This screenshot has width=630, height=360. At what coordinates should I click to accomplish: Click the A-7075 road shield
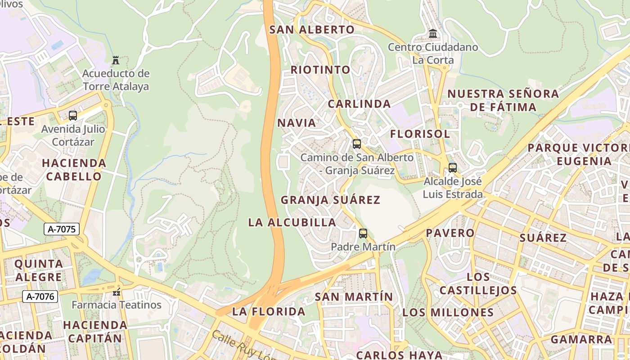pyautogui.click(x=62, y=229)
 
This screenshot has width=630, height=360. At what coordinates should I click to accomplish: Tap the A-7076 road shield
pyautogui.click(x=40, y=297)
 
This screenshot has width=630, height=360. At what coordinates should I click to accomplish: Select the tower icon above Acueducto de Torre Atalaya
pyautogui.click(x=116, y=60)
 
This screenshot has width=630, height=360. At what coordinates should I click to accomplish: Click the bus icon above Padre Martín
pyautogui.click(x=363, y=234)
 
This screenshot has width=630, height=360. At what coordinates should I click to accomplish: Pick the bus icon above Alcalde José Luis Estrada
pyautogui.click(x=453, y=168)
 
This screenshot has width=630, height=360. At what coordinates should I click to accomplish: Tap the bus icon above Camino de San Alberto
pyautogui.click(x=357, y=144)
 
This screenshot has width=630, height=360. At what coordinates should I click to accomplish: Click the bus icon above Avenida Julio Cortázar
pyautogui.click(x=73, y=116)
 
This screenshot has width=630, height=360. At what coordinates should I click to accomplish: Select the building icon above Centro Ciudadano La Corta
pyautogui.click(x=433, y=34)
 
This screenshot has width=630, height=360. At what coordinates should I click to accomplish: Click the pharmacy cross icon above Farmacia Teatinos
pyautogui.click(x=117, y=292)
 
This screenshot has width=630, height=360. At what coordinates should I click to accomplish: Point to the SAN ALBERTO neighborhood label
pyautogui.click(x=312, y=30)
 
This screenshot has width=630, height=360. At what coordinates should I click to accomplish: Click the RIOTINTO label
pyautogui.click(x=320, y=70)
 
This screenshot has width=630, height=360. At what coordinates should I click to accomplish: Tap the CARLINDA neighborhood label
pyautogui.click(x=359, y=104)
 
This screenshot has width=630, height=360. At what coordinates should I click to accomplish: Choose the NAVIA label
pyautogui.click(x=297, y=123)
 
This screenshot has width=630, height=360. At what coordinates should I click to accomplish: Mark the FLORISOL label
pyautogui.click(x=420, y=134)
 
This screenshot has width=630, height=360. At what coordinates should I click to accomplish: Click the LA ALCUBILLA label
pyautogui.click(x=292, y=222)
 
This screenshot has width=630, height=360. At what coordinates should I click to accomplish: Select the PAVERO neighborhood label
pyautogui.click(x=450, y=233)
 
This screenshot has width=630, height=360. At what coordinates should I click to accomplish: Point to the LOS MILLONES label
pyautogui.click(x=448, y=312)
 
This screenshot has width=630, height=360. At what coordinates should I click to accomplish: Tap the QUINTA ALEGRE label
pyautogui.click(x=39, y=270)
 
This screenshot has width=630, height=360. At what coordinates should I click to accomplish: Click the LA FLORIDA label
pyautogui.click(x=269, y=311)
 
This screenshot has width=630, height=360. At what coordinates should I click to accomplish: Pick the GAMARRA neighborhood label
pyautogui.click(x=581, y=339)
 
